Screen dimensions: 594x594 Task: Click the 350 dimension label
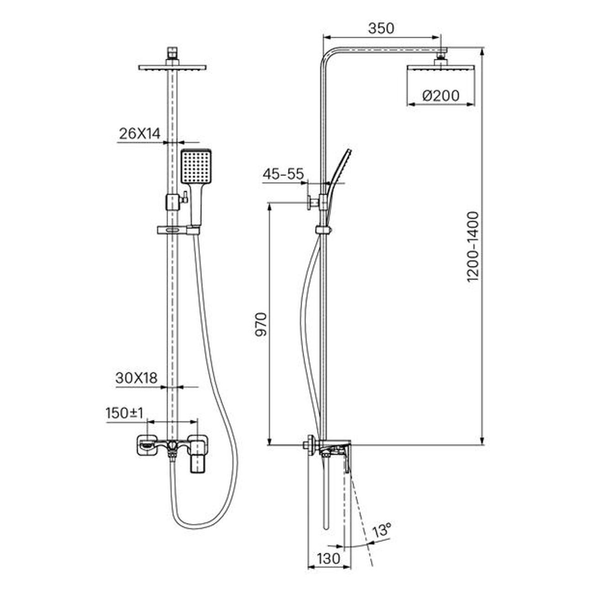coord(381,28)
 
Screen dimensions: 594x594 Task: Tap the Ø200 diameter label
coord(441,95)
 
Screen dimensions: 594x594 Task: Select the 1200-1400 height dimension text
coord(472,246)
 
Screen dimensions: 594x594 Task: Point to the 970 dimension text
coord(261,324)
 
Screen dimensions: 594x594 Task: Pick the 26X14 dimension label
coord(140,134)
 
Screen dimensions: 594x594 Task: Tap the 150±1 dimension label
coord(125,413)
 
